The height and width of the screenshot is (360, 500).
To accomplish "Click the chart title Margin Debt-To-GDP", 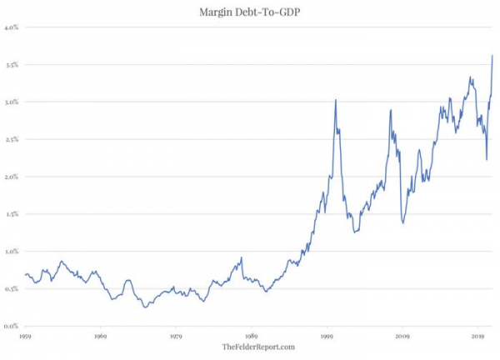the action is [250, 12].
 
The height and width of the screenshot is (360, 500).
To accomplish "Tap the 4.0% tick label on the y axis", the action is [12, 27].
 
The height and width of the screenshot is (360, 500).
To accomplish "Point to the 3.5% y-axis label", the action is [12, 65].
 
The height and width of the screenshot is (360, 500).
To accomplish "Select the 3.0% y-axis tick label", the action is [12, 102].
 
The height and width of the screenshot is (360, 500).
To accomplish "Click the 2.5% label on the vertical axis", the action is [12, 139].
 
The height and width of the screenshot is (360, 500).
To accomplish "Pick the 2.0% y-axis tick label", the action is [12, 177].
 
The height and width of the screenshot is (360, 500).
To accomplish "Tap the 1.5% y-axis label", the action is [12, 214].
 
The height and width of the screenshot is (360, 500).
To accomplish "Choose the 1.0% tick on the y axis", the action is [12, 252].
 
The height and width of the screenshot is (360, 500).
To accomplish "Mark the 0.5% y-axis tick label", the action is [12, 288].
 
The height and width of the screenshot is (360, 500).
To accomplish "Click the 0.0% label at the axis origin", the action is [12, 326].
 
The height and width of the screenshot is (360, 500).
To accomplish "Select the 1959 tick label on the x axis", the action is [25, 336].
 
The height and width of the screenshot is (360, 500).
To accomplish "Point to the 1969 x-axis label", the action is [101, 336].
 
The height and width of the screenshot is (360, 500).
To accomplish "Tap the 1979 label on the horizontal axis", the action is [176, 336].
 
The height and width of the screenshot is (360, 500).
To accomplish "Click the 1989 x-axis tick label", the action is [252, 336].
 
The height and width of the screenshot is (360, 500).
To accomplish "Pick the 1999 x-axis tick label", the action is [327, 336].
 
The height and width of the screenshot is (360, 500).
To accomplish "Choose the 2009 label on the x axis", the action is [402, 336].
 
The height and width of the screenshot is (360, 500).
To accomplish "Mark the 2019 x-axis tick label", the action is [477, 336].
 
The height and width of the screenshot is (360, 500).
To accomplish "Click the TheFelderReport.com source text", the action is [258, 347].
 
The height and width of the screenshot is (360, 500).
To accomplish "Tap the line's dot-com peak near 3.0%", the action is [336, 100].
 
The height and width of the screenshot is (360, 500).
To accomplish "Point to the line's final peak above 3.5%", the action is [492, 56].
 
